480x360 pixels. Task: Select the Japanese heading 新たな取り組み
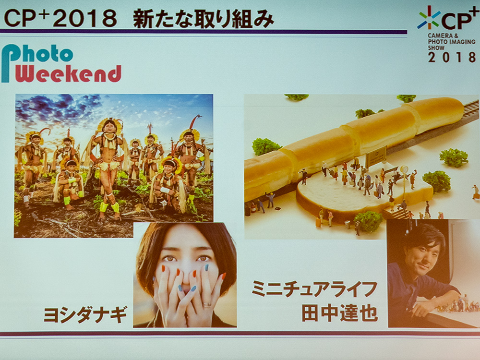point(203,19)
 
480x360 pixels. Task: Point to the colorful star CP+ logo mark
point(429,18)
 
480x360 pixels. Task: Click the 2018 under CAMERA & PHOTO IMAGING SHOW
point(452,57)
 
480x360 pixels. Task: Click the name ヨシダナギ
point(85,314)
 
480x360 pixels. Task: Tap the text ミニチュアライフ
point(314,289)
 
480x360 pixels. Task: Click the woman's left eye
point(203,259)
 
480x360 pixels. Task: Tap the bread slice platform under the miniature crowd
point(364,196)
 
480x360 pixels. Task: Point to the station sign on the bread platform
point(376,156)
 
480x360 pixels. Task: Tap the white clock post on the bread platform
point(405,180)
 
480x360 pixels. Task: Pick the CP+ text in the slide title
point(27,18)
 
